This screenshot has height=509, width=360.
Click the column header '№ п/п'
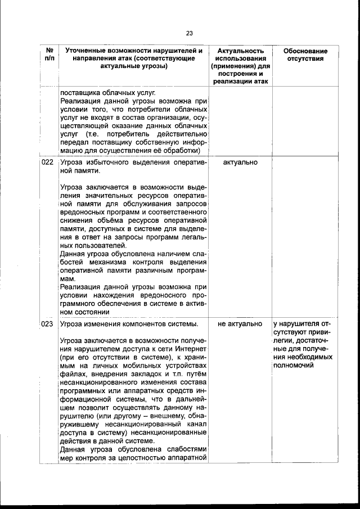(49, 55)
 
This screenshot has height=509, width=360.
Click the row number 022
(48, 163)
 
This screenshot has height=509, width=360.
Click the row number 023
(48, 324)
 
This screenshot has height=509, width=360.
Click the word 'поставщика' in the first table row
(79, 93)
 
